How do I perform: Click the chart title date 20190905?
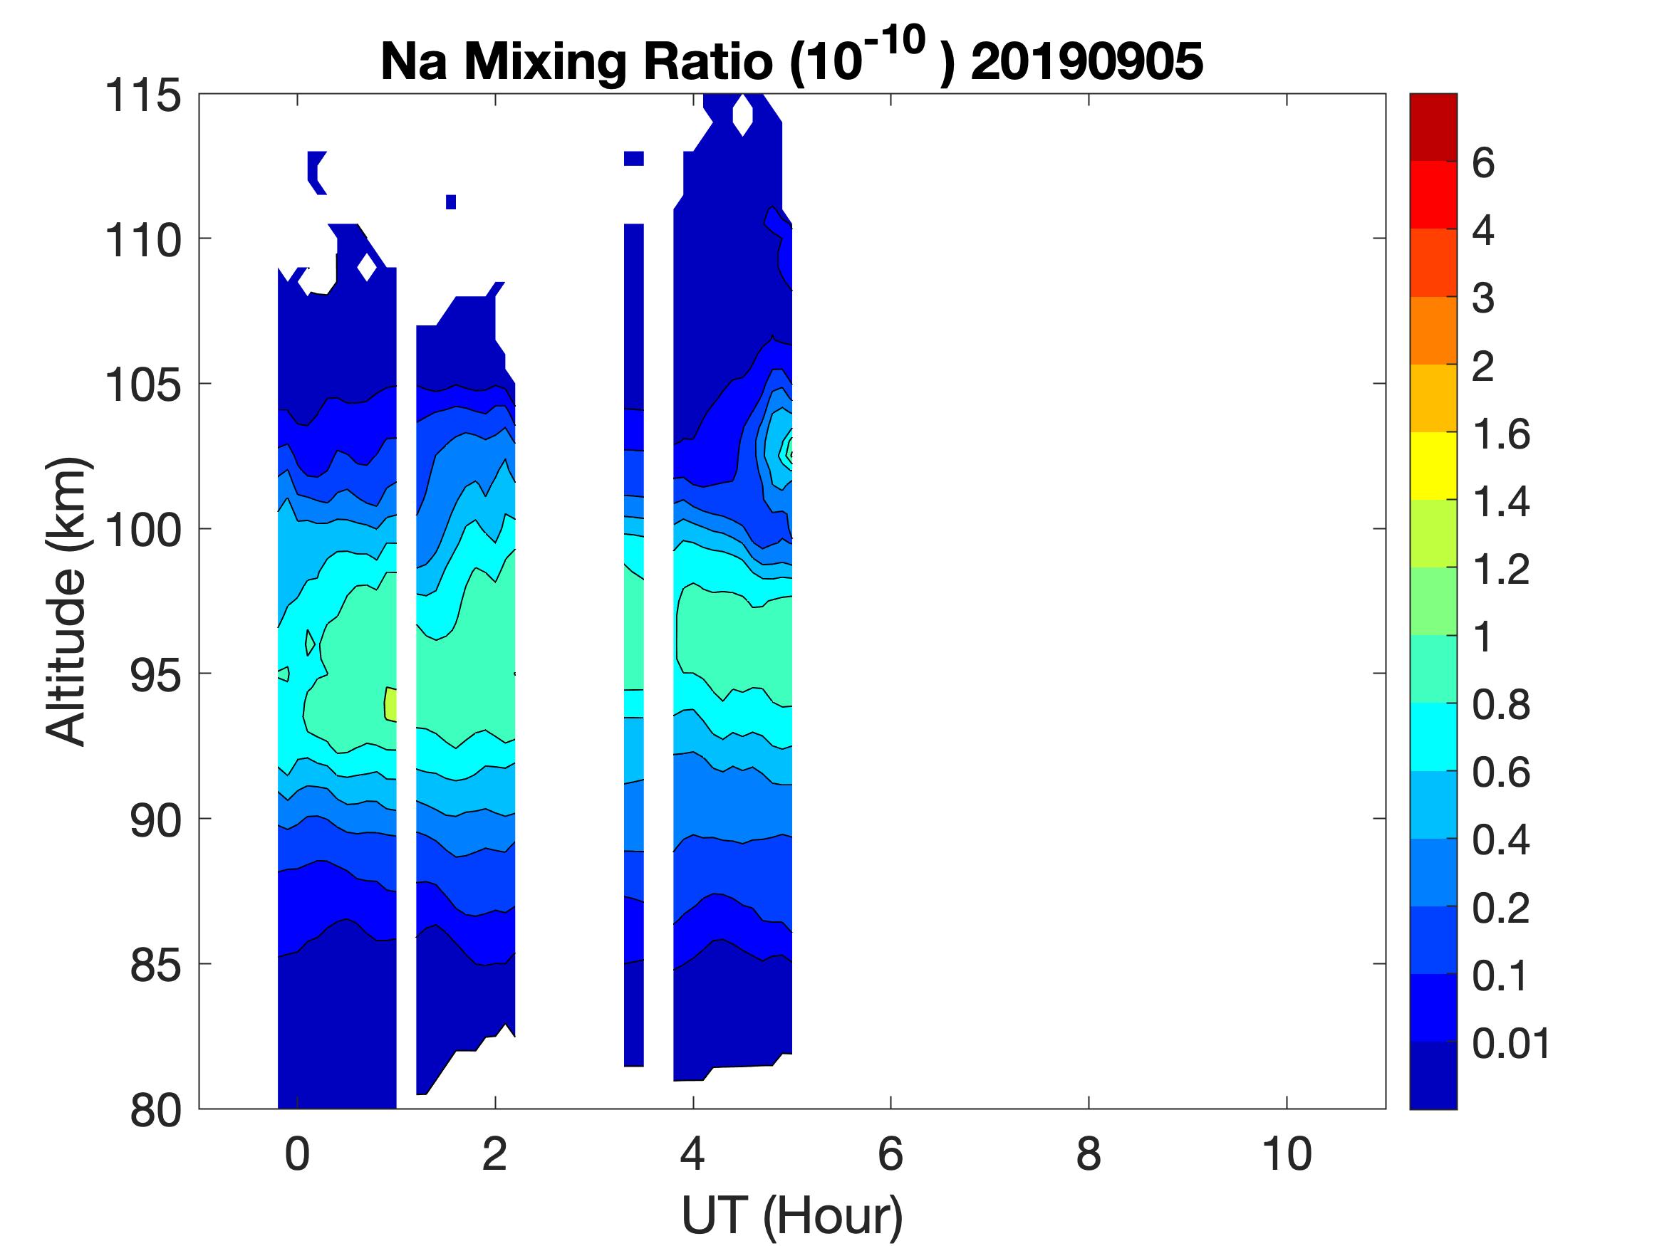[1086, 61]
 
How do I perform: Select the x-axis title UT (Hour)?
[791, 1215]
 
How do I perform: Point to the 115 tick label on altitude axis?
[143, 96]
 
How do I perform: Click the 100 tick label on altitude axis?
[143, 530]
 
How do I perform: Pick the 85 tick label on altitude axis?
[155, 965]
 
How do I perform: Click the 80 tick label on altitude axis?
[155, 1110]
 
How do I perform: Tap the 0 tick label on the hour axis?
[298, 1154]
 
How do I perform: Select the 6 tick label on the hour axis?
[890, 1154]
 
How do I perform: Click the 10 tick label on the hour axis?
[1287, 1154]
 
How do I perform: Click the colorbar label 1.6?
[1500, 434]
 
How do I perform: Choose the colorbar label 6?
[1483, 163]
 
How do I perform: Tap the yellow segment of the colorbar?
[1433, 466]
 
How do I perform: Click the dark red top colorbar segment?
[1433, 127]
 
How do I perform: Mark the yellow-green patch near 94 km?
[390, 704]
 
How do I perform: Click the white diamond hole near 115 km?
[742, 115]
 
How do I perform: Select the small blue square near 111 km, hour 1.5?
[451, 201]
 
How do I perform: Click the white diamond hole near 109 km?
[366, 266]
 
